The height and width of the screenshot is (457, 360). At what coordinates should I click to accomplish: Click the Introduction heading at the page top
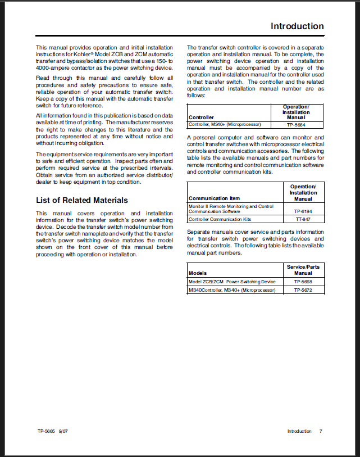point(297,26)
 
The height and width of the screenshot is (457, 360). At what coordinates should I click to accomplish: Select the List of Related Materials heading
point(82,200)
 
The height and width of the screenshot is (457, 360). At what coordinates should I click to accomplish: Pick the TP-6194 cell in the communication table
point(303,211)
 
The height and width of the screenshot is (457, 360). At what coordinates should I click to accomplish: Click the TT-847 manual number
point(303,219)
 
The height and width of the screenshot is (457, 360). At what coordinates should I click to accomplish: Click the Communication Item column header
point(215,198)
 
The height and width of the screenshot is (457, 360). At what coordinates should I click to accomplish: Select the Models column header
point(198,273)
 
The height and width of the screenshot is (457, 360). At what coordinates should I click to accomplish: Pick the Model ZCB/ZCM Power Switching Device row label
point(232,282)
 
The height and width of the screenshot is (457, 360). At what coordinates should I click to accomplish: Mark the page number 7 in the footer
point(321,431)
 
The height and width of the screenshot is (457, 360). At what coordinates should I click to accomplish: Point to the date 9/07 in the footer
point(63,431)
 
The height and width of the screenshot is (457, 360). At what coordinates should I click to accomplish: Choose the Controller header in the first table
point(201,117)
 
